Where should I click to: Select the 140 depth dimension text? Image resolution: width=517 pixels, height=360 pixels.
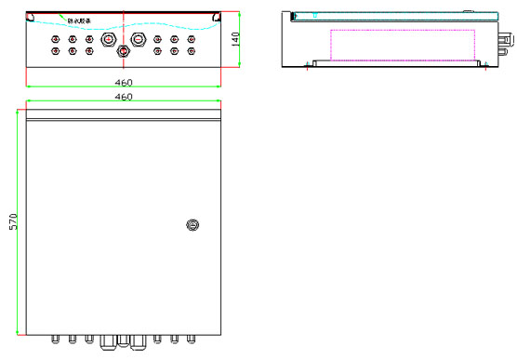coord(235,39)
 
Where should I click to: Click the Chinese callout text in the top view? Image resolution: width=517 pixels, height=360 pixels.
coord(79,19)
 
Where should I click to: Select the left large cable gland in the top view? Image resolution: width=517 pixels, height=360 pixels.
coord(107,39)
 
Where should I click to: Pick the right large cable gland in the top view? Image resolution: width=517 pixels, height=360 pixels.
coord(139,39)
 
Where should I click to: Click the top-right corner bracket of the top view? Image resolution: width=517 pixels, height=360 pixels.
coord(216,17)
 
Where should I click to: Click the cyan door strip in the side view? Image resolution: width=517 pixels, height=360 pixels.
coord(391,15)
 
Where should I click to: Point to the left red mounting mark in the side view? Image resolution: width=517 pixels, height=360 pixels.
coord(308,65)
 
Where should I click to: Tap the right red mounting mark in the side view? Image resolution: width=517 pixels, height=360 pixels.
coord(483,65)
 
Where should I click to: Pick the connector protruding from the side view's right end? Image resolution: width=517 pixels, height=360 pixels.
coord(506,41)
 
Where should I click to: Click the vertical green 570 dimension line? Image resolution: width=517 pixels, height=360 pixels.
coord(18,223)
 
